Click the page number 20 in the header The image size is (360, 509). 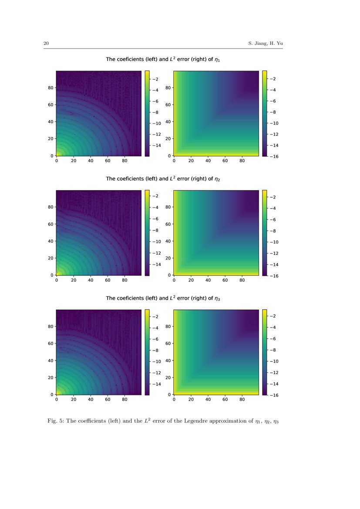point(46,43)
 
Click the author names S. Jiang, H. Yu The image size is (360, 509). point(266,43)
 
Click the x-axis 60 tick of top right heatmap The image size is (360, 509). point(225,161)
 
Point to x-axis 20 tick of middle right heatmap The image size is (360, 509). point(191,280)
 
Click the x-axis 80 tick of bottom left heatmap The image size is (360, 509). point(125,399)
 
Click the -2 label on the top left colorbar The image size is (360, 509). point(155,78)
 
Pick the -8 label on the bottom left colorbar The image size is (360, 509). point(155,350)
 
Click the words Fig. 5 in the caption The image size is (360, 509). point(55,421)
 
